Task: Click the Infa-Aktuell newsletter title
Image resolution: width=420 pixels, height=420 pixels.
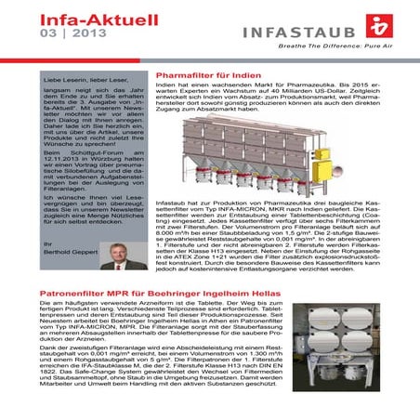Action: [75, 14]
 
